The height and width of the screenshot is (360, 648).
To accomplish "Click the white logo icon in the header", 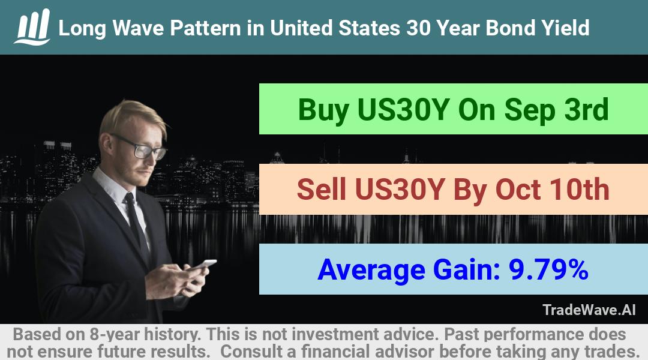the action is point(32,27).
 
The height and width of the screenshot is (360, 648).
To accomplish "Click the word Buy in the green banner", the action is point(323,110).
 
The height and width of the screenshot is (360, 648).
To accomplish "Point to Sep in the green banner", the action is point(530,110).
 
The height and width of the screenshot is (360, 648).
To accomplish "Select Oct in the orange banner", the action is point(518,190).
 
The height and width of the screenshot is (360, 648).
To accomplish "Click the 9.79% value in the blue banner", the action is point(548,269).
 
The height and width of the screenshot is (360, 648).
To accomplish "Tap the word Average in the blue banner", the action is point(371,271).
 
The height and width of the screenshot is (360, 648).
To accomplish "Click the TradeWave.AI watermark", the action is point(589,310).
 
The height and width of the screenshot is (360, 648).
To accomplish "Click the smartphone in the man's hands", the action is point(204,265).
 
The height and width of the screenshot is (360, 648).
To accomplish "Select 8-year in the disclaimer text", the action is point(113,334).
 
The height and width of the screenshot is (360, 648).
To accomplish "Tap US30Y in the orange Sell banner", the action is point(400,190).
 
